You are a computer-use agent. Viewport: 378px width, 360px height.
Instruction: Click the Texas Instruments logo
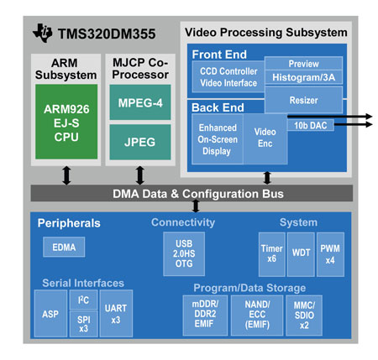pos(43,33)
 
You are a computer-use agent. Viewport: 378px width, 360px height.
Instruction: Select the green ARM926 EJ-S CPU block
pos(66,122)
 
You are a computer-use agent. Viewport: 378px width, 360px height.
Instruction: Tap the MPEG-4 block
pos(140,102)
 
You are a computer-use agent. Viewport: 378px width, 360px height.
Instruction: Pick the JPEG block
pos(140,142)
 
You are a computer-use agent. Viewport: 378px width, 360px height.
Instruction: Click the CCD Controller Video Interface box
pos(228,77)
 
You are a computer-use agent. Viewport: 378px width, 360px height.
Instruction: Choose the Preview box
pos(303,64)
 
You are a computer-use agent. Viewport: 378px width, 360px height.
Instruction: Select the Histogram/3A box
pos(303,77)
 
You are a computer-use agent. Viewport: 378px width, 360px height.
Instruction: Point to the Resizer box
pos(303,100)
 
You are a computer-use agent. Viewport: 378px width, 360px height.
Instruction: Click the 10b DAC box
pos(311,125)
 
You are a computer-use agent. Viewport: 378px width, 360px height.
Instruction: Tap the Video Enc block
pos(265,138)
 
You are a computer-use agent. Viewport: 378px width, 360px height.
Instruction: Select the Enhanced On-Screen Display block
pos(218,138)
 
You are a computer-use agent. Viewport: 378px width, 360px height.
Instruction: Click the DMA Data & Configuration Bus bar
pos(192,193)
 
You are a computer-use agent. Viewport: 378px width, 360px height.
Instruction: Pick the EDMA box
pos(64,247)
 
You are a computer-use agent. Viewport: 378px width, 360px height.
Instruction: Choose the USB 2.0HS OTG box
pos(184,253)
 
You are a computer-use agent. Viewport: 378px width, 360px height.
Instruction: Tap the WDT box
pos(301,254)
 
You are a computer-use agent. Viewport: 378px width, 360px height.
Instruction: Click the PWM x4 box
pos(330,254)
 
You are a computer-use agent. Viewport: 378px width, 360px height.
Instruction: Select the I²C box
pos(83,300)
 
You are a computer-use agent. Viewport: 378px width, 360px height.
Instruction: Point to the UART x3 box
pos(116,313)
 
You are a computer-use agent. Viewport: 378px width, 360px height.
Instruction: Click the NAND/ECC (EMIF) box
pos(257,316)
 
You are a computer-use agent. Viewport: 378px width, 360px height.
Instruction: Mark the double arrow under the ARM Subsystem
pos(66,175)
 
